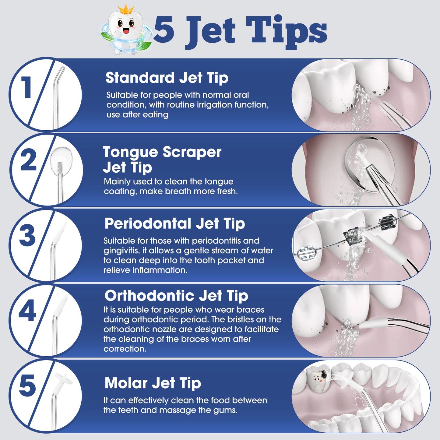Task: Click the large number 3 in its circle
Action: [x=27, y=235]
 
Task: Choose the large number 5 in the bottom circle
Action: [x=27, y=386]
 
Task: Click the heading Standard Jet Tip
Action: [x=167, y=78]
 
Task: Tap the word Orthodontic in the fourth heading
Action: [x=149, y=295]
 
